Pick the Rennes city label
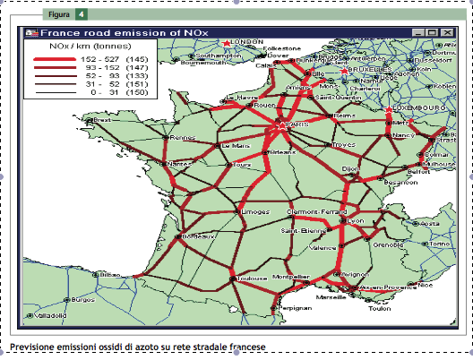pyautogui.click(x=182, y=138)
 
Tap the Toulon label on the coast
pyautogui.click(x=379, y=308)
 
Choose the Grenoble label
pyautogui.click(x=388, y=244)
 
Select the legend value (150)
pyautogui.click(x=136, y=92)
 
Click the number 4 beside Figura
pyautogui.click(x=81, y=15)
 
